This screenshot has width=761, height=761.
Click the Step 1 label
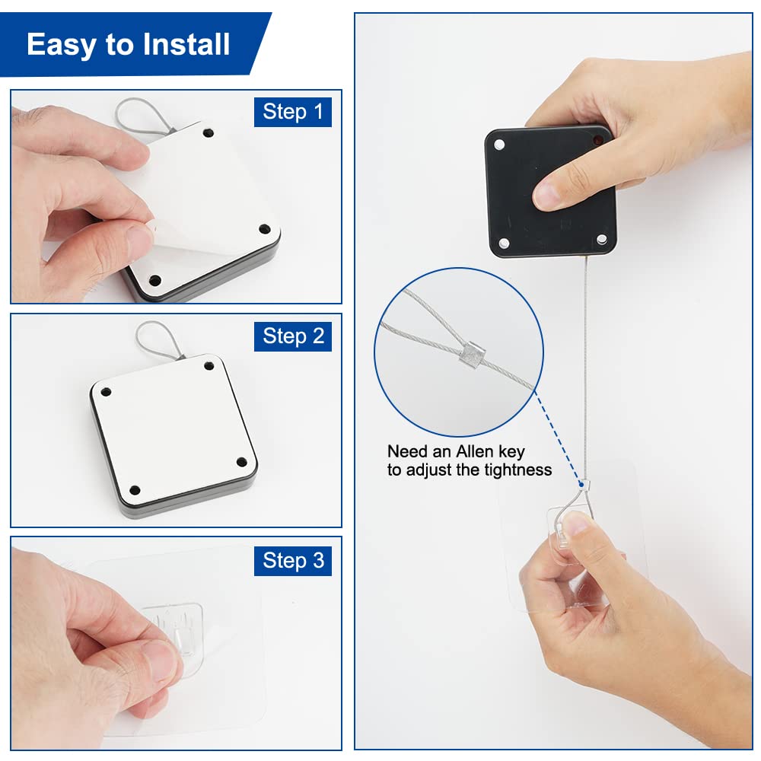pos(293,112)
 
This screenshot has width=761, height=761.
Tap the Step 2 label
pos(293,336)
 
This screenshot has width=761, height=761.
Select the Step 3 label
pos(293,561)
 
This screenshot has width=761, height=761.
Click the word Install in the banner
pos(186,44)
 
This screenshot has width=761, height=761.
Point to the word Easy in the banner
pos(61,46)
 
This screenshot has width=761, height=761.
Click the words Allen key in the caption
pos(491,452)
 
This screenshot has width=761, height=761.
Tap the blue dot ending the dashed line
pos(581,484)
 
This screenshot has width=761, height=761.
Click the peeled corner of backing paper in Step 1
pos(160,233)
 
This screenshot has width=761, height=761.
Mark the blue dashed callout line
pos(558,438)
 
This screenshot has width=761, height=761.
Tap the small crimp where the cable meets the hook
pos(586,485)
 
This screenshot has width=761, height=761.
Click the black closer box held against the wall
pos(551,192)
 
